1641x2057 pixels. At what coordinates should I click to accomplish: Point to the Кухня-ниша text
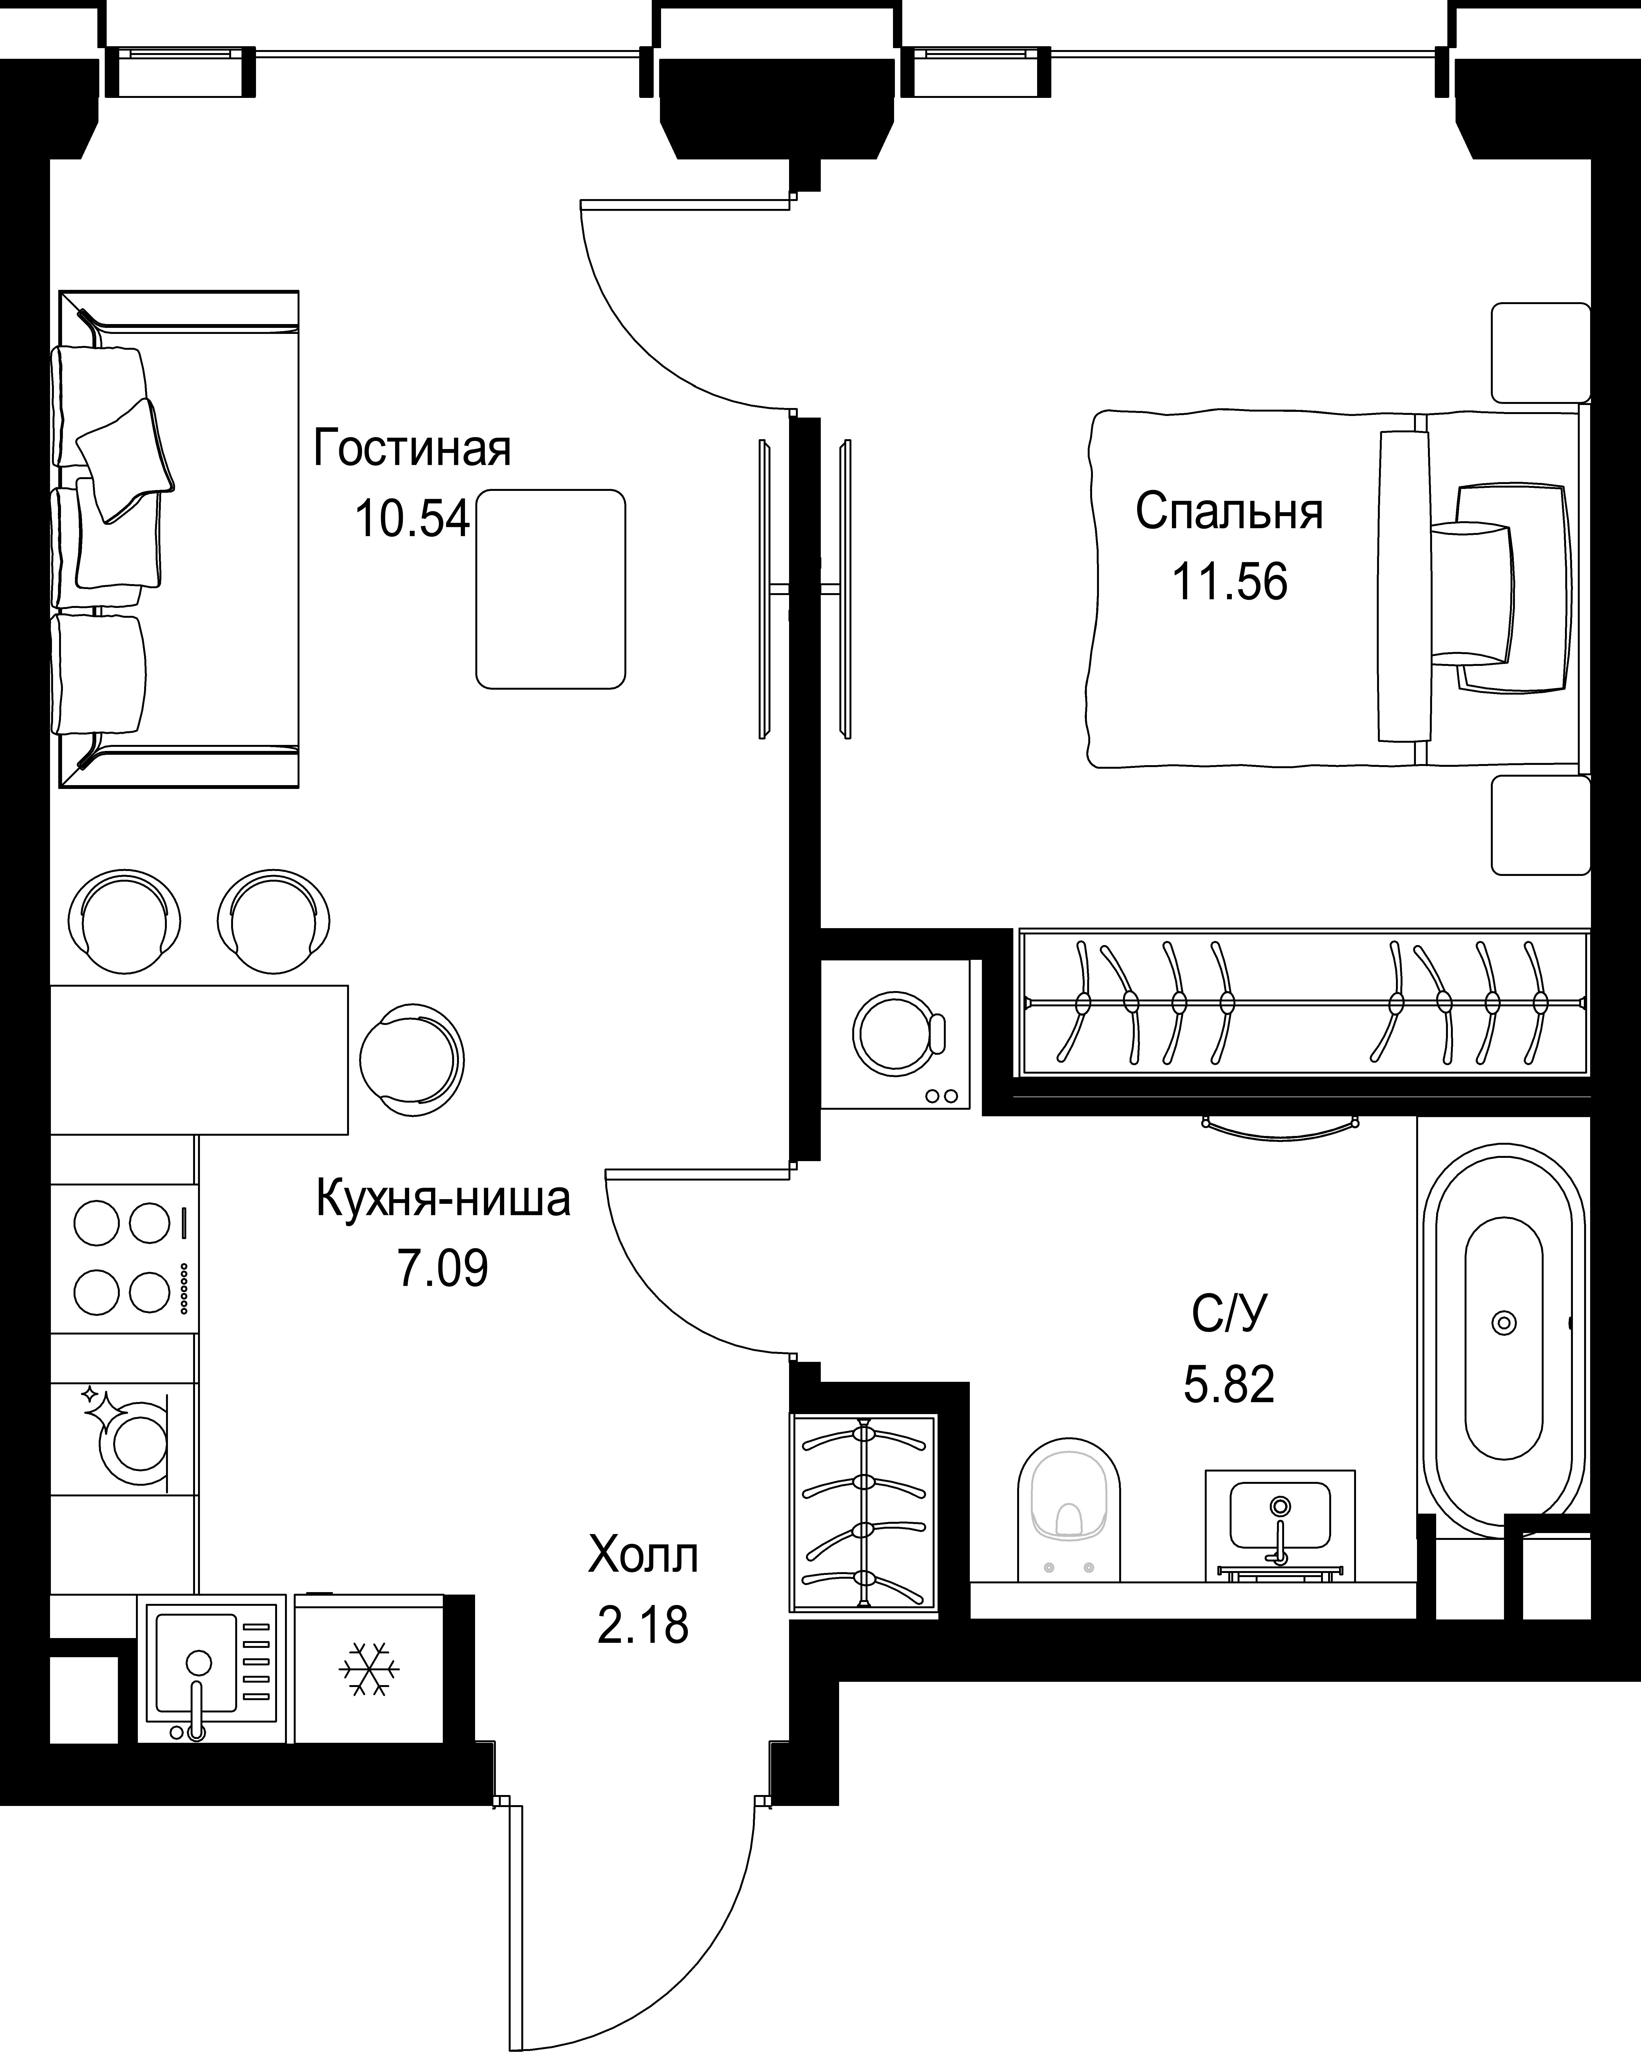coord(443,1199)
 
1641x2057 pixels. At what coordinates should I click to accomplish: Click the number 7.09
coord(443,1269)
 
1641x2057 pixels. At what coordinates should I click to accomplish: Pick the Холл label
coord(643,1555)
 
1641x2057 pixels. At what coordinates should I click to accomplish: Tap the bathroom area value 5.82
coord(1229,1384)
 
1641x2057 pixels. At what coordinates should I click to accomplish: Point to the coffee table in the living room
coord(551,589)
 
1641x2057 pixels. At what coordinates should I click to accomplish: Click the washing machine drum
coord(895,1032)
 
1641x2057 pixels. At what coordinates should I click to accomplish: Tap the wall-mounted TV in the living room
coord(763,589)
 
